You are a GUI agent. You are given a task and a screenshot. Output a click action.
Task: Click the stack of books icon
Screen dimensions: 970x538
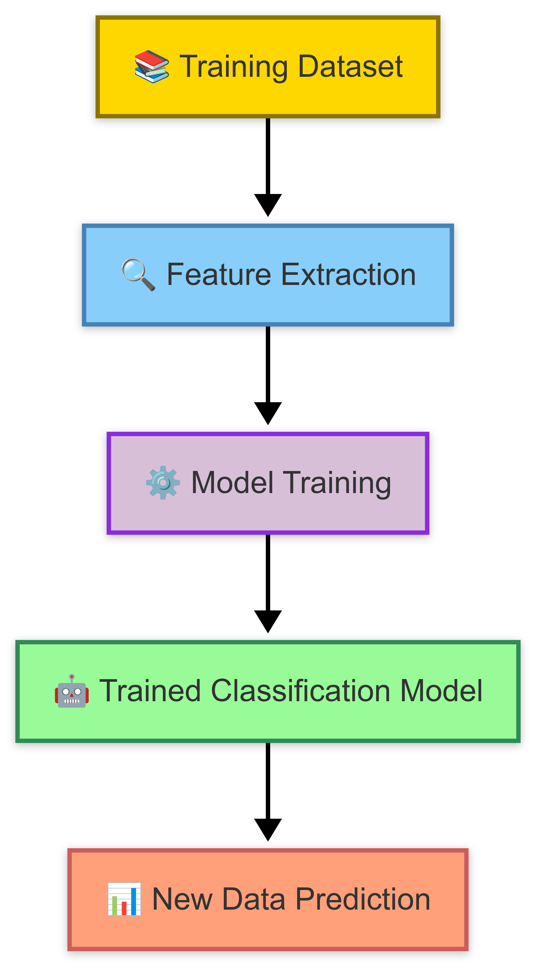[152, 67]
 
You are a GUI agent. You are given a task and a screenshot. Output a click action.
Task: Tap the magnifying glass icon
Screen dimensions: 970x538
[138, 275]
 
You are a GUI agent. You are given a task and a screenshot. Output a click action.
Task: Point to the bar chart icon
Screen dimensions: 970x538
[124, 899]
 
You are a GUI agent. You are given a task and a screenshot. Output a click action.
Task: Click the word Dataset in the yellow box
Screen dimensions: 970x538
[350, 67]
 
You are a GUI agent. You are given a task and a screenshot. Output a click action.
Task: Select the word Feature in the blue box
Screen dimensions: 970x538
[219, 275]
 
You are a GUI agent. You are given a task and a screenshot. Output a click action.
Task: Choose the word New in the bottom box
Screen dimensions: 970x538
[182, 899]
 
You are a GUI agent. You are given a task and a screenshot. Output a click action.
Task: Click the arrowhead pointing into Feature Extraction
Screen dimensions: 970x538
[268, 204]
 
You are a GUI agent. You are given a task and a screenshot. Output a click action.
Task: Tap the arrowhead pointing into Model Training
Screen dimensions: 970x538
[268, 413]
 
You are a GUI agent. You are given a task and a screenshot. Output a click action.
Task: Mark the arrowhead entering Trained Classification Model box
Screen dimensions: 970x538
[268, 621]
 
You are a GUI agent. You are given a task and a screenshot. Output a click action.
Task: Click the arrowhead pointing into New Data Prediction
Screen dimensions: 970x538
[268, 829]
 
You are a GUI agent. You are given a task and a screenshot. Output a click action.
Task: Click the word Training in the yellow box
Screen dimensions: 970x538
[233, 67]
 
